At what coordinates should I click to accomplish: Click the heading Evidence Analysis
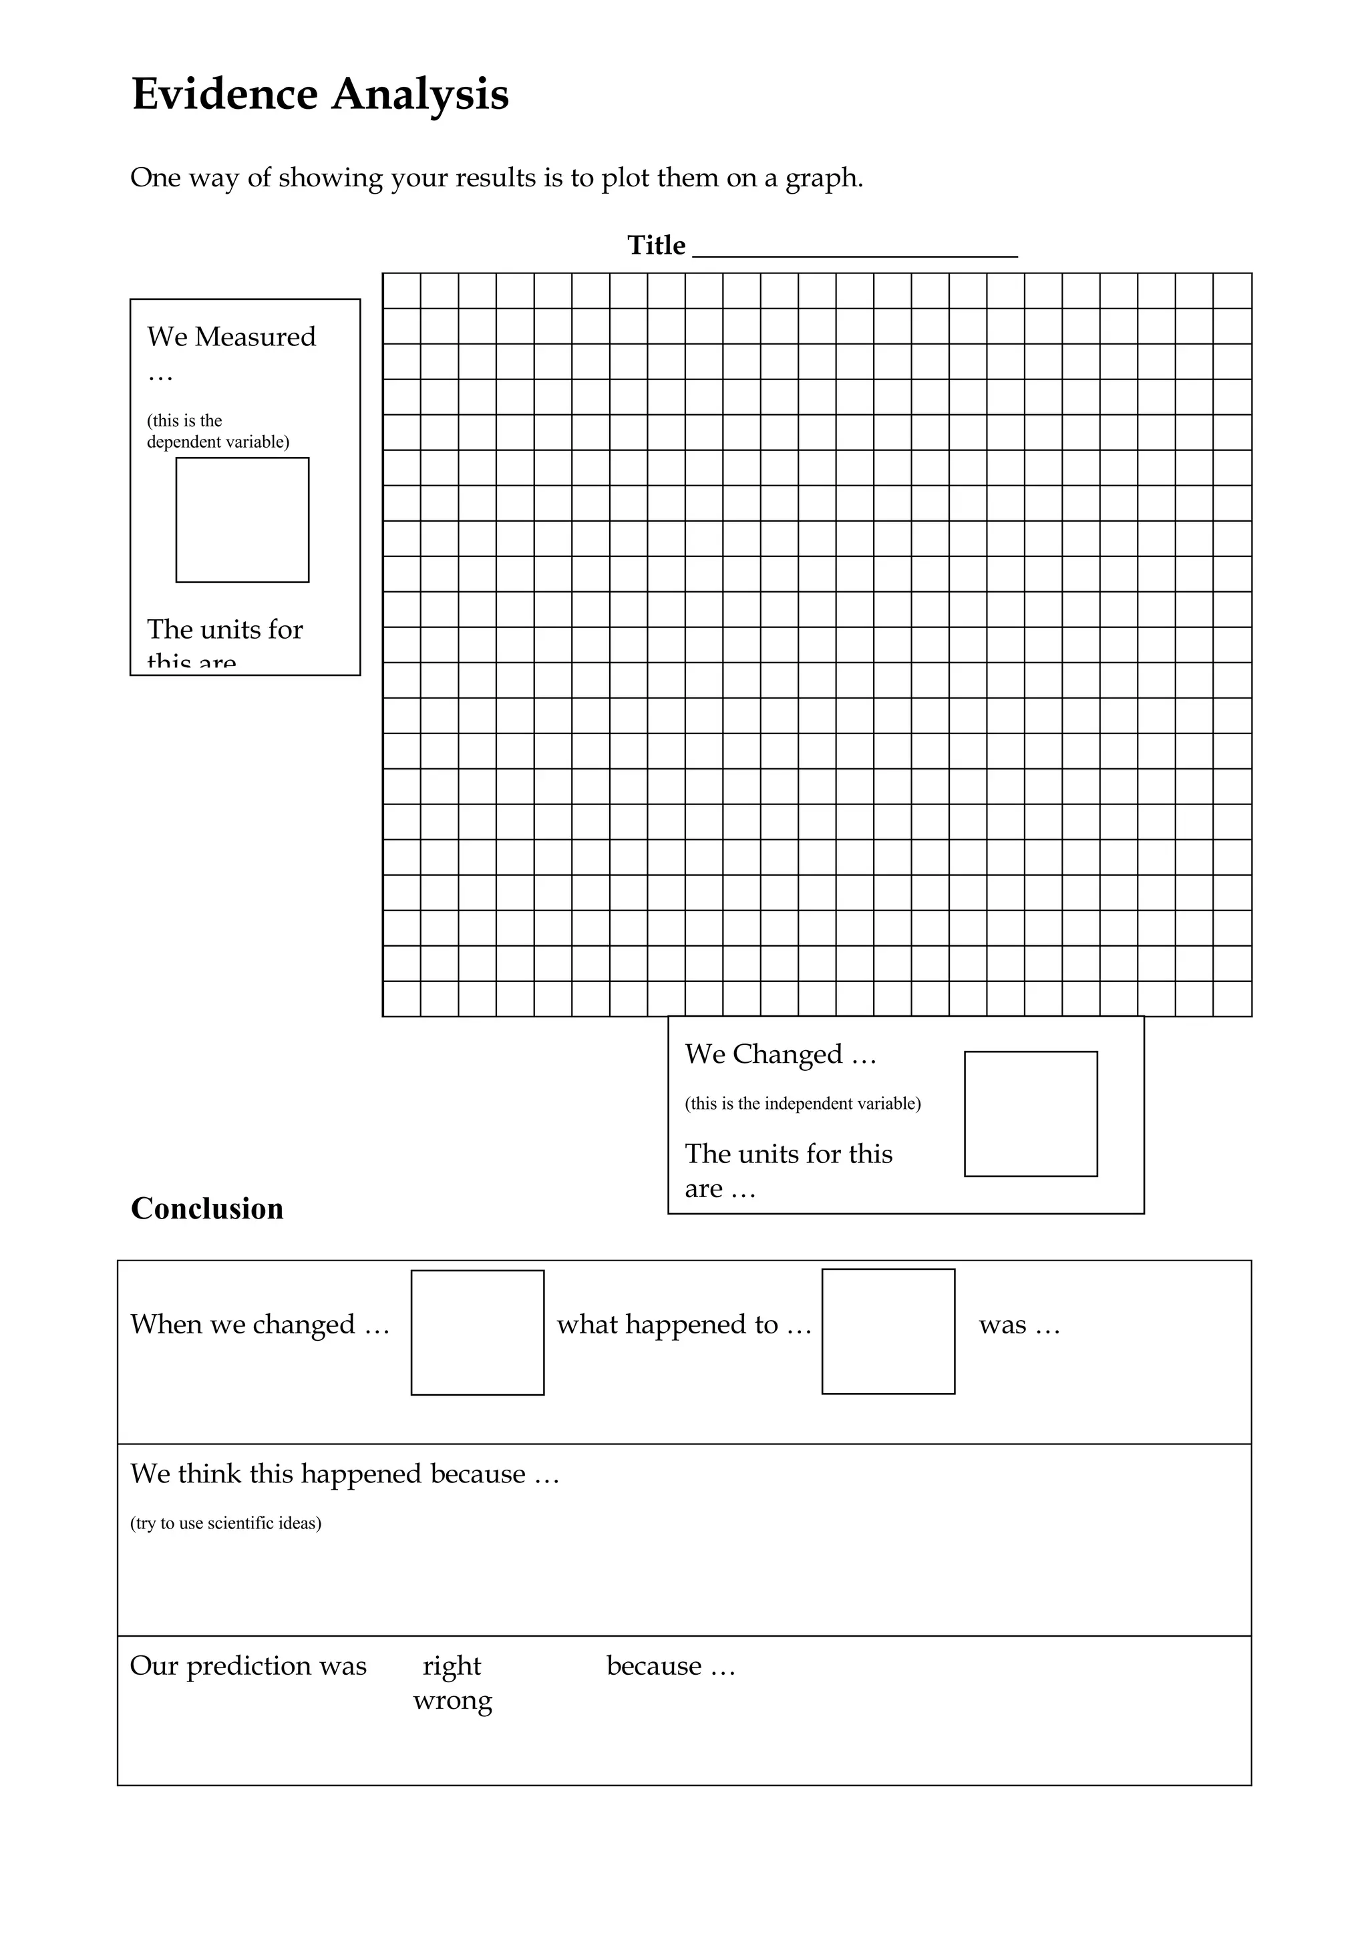click(x=321, y=94)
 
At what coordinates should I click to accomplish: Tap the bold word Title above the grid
click(x=656, y=245)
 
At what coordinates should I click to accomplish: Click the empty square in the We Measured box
click(x=242, y=520)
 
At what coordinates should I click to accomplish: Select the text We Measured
click(x=231, y=337)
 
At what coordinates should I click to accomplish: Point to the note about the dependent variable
click(x=218, y=431)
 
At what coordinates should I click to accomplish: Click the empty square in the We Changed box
click(x=1030, y=1113)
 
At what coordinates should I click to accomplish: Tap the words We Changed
click(x=763, y=1054)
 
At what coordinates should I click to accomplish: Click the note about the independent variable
click(x=802, y=1104)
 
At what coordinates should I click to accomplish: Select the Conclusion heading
click(x=207, y=1208)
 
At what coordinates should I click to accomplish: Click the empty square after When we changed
click(x=477, y=1332)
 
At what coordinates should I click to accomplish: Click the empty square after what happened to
click(x=888, y=1331)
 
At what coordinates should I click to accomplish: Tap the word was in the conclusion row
click(x=1002, y=1325)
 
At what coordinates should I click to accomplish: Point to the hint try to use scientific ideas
click(x=225, y=1523)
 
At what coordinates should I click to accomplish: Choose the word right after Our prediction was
click(x=452, y=1665)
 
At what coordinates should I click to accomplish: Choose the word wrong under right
click(x=453, y=1701)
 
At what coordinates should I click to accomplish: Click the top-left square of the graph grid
click(x=402, y=291)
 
